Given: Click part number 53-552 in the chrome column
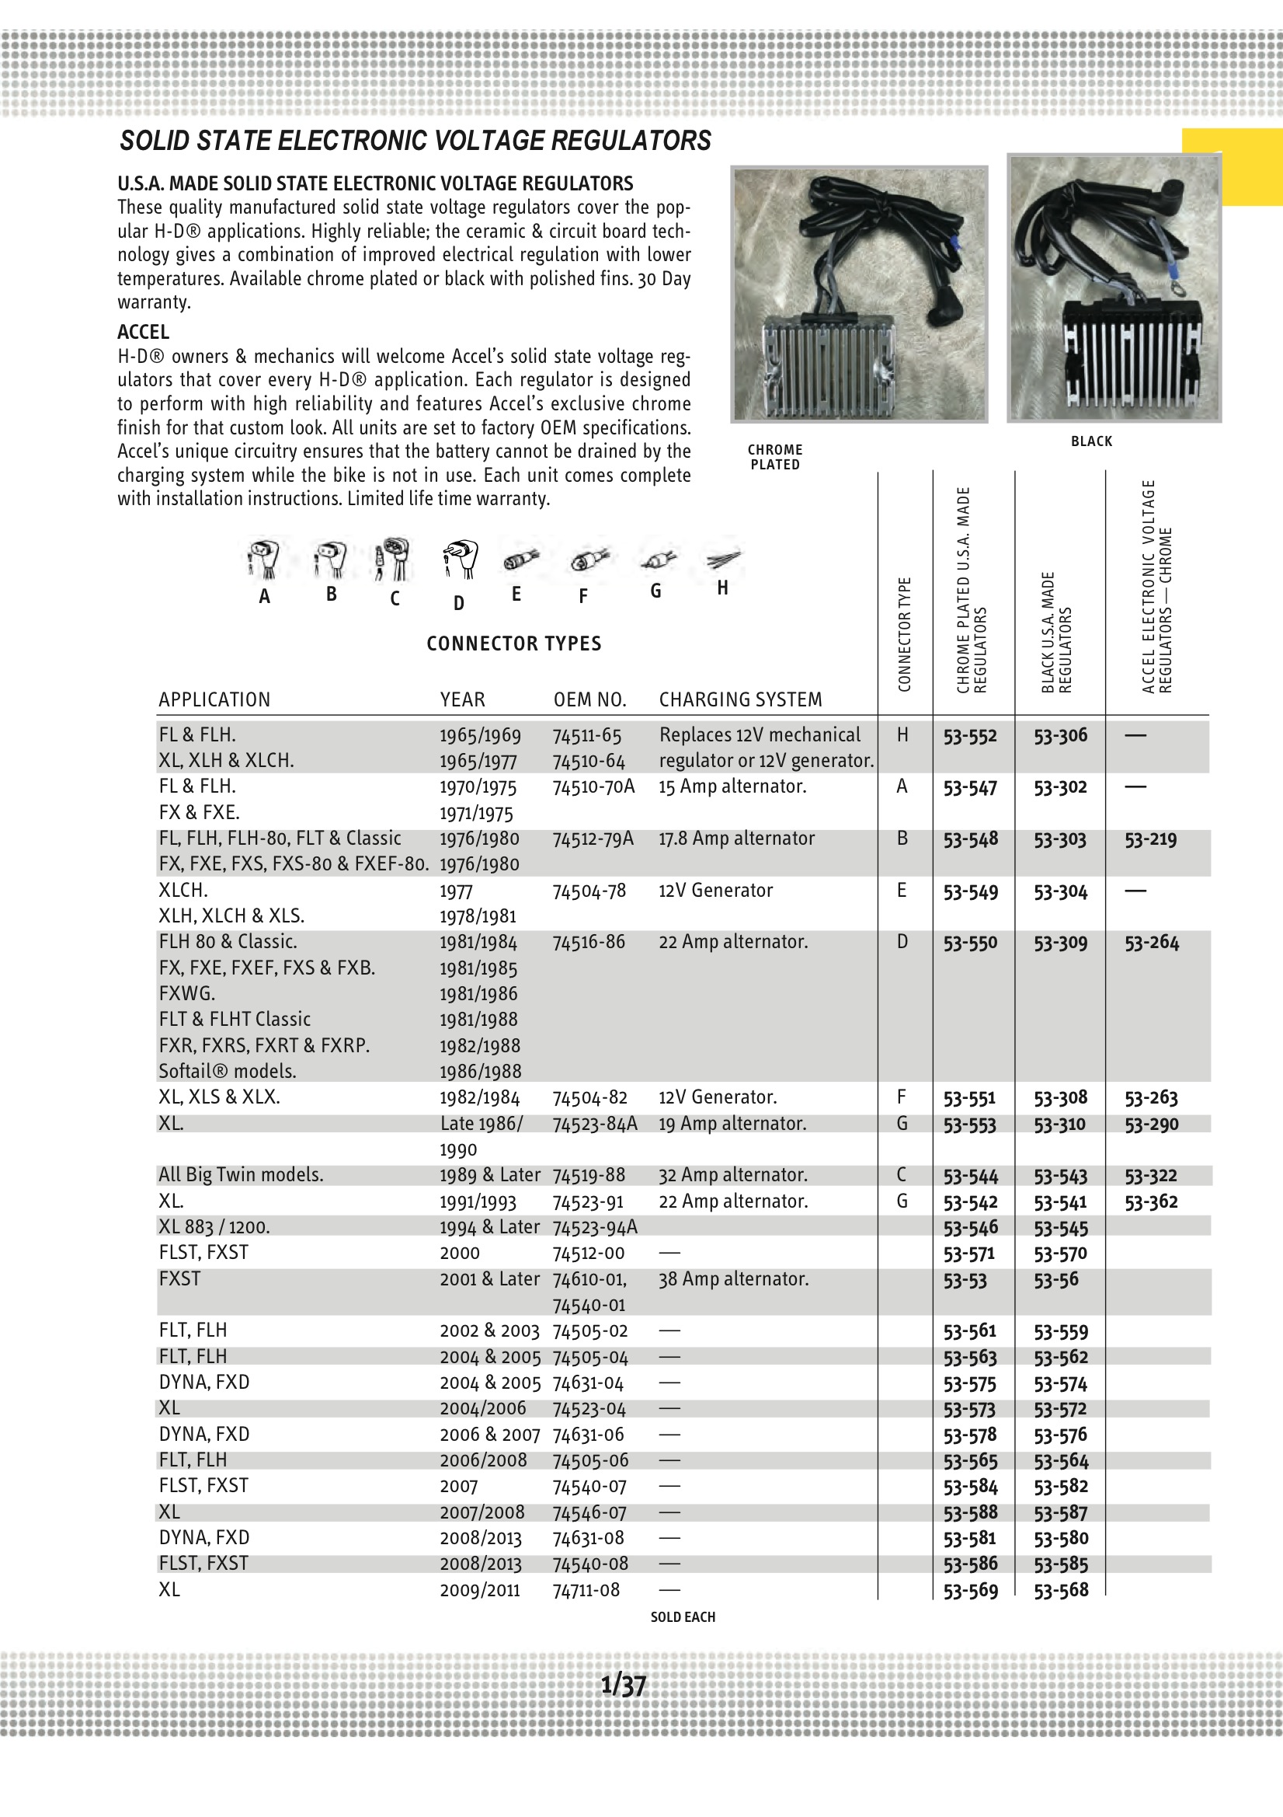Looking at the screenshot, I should point(969,736).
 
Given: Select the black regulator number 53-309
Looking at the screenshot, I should point(1060,943).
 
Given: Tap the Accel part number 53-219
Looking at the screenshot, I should point(1150,839).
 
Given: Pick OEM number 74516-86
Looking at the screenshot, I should point(589,942).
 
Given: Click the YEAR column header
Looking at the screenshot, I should point(462,699).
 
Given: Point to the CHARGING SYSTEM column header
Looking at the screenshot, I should point(740,699).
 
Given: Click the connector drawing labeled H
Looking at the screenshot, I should point(723,560).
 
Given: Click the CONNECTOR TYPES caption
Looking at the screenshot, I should point(513,643).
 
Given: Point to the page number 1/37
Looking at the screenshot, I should point(624,1685).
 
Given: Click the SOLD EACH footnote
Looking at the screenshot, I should point(683,1616).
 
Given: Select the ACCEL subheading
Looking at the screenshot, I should point(143,332).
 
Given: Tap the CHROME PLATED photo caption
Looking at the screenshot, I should point(775,457).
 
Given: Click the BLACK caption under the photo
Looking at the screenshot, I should point(1091,441).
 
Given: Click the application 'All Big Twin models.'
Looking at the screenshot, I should point(241,1175).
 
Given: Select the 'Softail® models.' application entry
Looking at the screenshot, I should point(227,1071).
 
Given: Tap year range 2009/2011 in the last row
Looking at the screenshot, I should point(479,1590).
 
